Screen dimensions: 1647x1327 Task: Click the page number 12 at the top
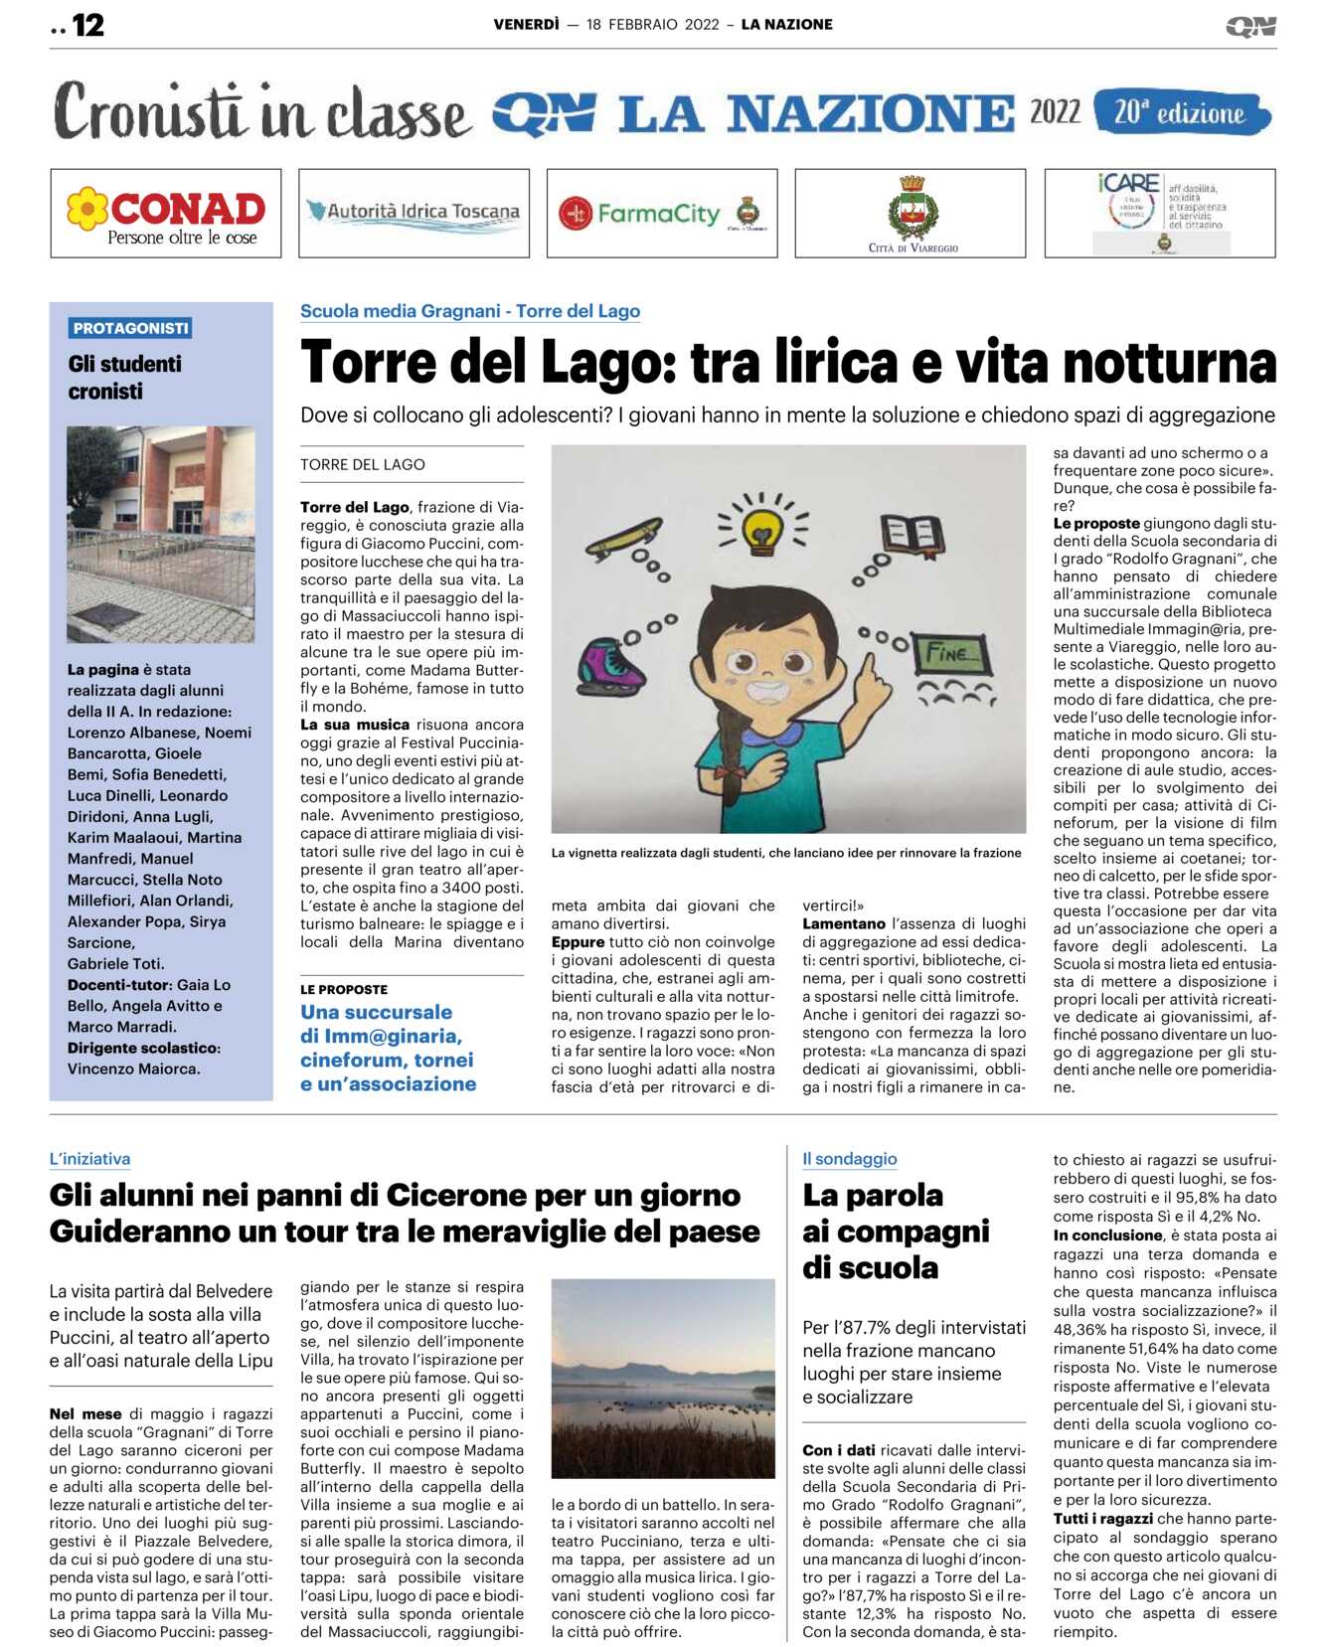pyautogui.click(x=87, y=25)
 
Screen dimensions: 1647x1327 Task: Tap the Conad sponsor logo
pyautogui.click(x=166, y=214)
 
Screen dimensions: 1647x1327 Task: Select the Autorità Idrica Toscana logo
pyautogui.click(x=414, y=213)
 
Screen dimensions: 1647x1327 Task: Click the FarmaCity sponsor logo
pyautogui.click(x=662, y=214)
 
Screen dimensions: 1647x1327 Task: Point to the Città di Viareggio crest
pyautogui.click(x=911, y=210)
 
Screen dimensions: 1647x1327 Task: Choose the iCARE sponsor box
pyautogui.click(x=1159, y=213)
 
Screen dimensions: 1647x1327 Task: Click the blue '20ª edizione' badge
pyautogui.click(x=1181, y=112)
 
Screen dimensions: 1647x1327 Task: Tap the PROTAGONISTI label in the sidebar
pyautogui.click(x=130, y=328)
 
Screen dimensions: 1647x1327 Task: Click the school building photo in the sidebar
pyautogui.click(x=161, y=534)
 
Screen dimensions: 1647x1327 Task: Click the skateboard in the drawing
pyautogui.click(x=625, y=537)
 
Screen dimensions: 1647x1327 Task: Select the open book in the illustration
pyautogui.click(x=911, y=534)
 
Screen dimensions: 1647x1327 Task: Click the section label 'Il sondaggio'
pyautogui.click(x=850, y=1159)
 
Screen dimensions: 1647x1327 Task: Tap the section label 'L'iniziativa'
pyautogui.click(x=90, y=1159)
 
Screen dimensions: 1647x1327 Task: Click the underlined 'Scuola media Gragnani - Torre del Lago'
pyautogui.click(x=470, y=311)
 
